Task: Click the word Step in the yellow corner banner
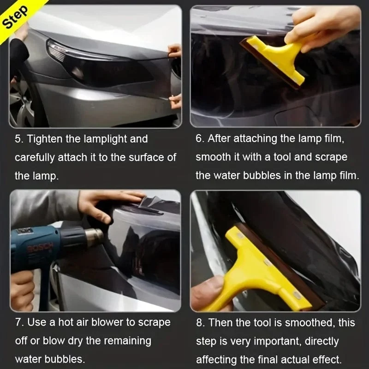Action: click(x=15, y=17)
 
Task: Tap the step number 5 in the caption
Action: click(x=18, y=139)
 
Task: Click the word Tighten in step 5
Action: click(x=45, y=139)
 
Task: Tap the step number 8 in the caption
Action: click(x=199, y=322)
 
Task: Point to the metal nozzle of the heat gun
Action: click(x=94, y=235)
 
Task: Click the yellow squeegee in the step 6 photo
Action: click(x=274, y=60)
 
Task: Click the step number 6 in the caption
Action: click(x=199, y=139)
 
